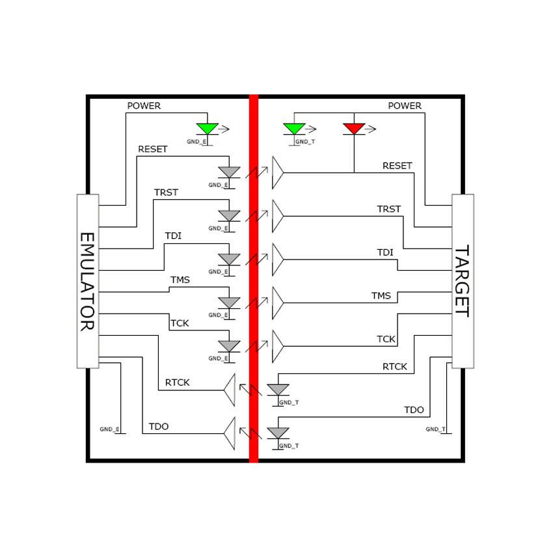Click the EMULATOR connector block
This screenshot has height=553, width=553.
(88, 281)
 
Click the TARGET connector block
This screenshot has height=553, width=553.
(463, 281)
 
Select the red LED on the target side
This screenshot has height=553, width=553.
(354, 128)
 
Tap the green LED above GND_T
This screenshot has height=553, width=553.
(294, 128)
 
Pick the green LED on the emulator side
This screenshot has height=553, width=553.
(208, 128)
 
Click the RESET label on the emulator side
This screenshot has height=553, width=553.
(152, 149)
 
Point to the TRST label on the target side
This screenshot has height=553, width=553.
(389, 209)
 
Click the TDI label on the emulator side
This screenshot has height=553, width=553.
(173, 236)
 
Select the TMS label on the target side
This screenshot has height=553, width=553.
(381, 296)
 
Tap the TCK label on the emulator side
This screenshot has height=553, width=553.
(179, 323)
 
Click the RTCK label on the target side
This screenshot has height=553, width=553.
(394, 367)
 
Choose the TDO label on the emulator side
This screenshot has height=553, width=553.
(159, 427)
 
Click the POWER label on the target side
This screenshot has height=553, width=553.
(405, 105)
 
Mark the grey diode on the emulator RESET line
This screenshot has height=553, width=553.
(229, 172)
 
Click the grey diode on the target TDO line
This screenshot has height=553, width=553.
(278, 433)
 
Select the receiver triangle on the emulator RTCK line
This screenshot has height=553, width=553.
(229, 390)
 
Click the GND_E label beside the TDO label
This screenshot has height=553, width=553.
(109, 429)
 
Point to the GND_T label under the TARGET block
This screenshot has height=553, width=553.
(436, 429)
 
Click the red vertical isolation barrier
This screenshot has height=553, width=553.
(254, 278)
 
